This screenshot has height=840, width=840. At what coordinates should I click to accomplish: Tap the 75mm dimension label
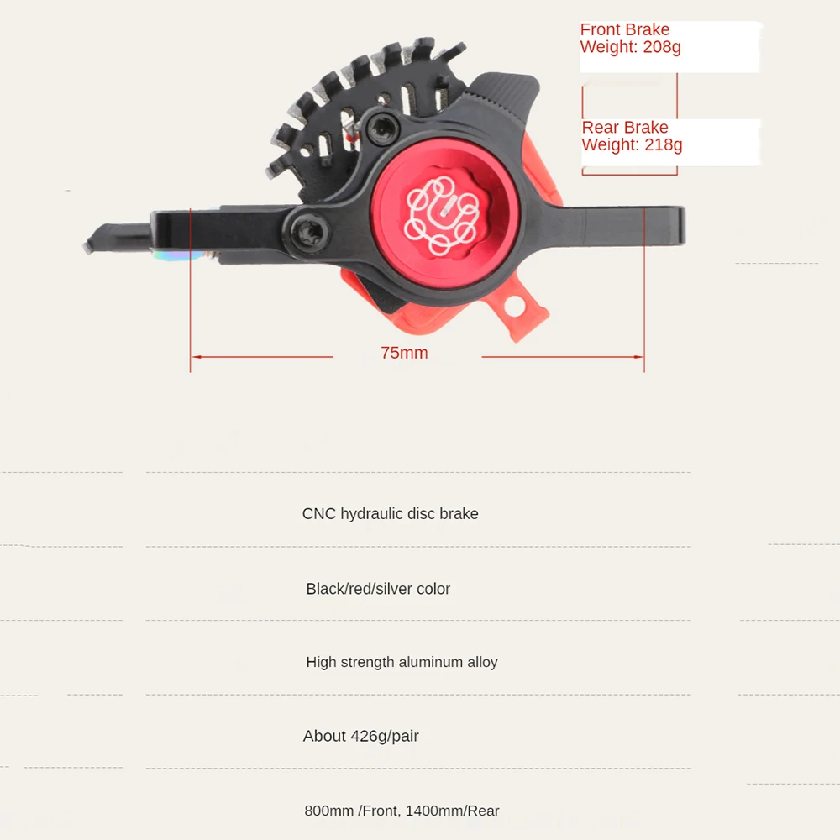click(404, 353)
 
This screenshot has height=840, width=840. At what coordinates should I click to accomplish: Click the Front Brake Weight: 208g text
click(629, 39)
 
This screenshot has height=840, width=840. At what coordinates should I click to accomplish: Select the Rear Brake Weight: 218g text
click(632, 136)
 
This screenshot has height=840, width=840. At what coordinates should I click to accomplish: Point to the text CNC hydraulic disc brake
click(390, 514)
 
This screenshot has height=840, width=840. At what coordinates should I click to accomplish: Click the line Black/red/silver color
click(378, 589)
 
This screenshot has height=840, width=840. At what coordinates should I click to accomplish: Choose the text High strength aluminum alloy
click(402, 662)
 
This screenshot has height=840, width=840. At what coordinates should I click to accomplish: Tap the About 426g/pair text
click(360, 737)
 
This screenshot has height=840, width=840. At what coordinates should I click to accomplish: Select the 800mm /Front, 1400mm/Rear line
click(402, 811)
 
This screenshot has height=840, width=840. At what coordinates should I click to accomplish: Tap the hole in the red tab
click(513, 307)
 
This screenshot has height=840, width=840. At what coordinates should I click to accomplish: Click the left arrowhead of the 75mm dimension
click(195, 357)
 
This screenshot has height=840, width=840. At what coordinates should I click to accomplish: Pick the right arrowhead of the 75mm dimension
click(639, 357)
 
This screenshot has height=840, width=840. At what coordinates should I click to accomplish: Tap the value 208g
click(662, 47)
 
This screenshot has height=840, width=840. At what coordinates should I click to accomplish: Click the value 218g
click(663, 145)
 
